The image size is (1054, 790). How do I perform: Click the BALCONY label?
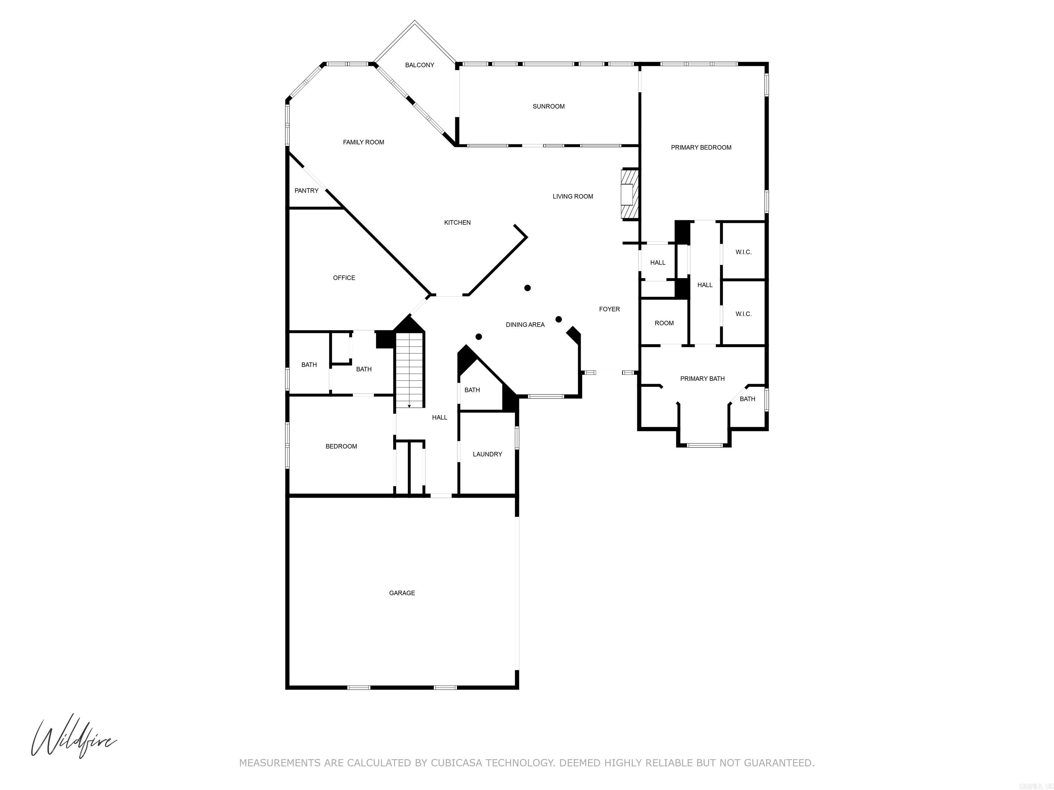(419, 65)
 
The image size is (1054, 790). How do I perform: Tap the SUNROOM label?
(548, 107)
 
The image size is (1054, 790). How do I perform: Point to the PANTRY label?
(306, 191)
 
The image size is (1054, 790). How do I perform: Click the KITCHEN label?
(457, 223)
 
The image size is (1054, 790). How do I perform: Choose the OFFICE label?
(343, 278)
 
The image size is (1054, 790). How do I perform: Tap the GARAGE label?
(402, 593)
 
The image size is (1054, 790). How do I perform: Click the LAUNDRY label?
(487, 455)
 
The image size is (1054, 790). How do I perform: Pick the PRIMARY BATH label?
(702, 379)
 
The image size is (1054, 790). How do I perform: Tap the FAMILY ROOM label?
(363, 142)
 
